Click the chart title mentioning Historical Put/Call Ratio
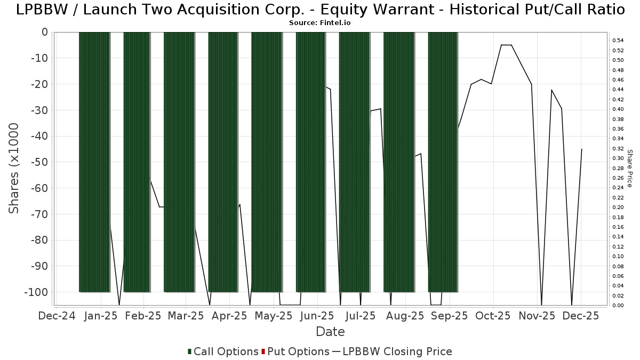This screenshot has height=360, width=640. pyautogui.click(x=320, y=10)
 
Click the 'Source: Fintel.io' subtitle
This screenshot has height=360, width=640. pyautogui.click(x=319, y=23)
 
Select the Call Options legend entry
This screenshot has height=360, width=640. pyautogui.click(x=223, y=351)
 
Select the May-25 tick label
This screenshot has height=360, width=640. pyautogui.click(x=274, y=316)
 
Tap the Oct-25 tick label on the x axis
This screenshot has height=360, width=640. pyautogui.click(x=493, y=316)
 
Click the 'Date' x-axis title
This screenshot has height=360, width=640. pyautogui.click(x=330, y=332)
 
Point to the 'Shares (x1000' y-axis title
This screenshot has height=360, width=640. pyautogui.click(x=14, y=168)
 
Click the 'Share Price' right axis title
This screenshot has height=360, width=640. pyautogui.click(x=629, y=168)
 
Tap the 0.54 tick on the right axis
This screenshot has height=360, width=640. pyautogui.click(x=618, y=40)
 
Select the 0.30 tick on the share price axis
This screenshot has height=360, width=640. pyautogui.click(x=618, y=158)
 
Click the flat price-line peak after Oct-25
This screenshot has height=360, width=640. pyautogui.click(x=506, y=45)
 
